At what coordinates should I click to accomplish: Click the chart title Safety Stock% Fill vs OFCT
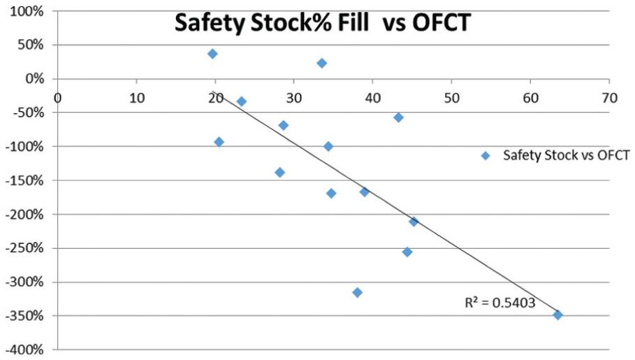coord(323,22)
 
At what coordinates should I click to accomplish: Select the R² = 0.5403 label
coord(499,303)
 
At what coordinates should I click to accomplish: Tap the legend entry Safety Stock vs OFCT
coord(555,155)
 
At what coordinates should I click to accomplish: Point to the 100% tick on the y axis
coord(27,11)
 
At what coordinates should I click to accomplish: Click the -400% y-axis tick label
coord(24,350)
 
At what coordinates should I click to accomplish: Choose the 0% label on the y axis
coord(35,79)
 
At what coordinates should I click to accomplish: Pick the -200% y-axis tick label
coord(24,214)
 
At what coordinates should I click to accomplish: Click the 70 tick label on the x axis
coord(609,98)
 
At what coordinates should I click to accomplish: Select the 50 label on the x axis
coord(452,98)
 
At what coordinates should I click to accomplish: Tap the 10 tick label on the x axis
coord(137,98)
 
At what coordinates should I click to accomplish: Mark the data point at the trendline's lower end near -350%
coord(558,315)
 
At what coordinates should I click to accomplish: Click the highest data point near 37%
coord(212,54)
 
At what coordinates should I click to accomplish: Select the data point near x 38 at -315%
coord(357,292)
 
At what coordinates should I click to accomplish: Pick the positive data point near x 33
coord(322,63)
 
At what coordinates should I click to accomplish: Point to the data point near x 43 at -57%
coord(398,117)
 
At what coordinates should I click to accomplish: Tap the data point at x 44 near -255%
coord(407,252)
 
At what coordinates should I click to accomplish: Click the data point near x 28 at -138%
coord(280,172)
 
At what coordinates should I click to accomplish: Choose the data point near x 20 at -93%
coord(219,142)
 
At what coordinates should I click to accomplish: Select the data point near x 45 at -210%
coord(414,222)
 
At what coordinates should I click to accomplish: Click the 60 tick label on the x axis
coord(530,98)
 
